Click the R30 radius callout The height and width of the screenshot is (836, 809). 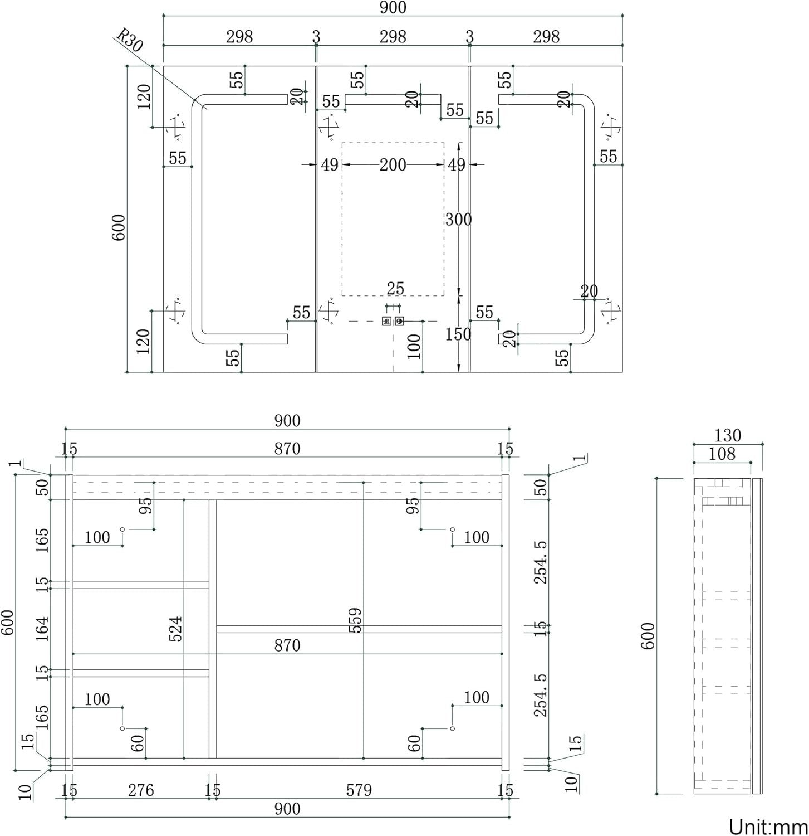(x=129, y=41)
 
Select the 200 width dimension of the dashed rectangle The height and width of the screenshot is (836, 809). (x=393, y=165)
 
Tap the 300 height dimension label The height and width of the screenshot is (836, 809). (x=458, y=220)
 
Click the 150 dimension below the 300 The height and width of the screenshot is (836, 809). (x=458, y=334)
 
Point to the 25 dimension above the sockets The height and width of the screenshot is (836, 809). (x=395, y=288)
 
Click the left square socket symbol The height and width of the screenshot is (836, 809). (x=387, y=321)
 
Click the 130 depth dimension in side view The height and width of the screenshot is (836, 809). (x=727, y=435)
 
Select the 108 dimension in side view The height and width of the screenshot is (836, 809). (x=722, y=454)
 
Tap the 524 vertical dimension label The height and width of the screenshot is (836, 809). (x=176, y=629)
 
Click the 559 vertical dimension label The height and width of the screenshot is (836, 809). (x=355, y=620)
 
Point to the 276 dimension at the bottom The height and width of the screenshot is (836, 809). (x=141, y=790)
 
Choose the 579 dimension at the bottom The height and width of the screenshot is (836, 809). (x=359, y=790)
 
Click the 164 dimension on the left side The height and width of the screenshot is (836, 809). (x=42, y=629)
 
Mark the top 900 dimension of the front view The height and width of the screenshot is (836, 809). (x=393, y=7)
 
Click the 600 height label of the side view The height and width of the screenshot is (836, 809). (x=649, y=635)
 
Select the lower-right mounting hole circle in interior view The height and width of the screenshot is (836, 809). (x=452, y=728)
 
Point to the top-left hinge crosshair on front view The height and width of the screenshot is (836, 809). (x=176, y=128)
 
